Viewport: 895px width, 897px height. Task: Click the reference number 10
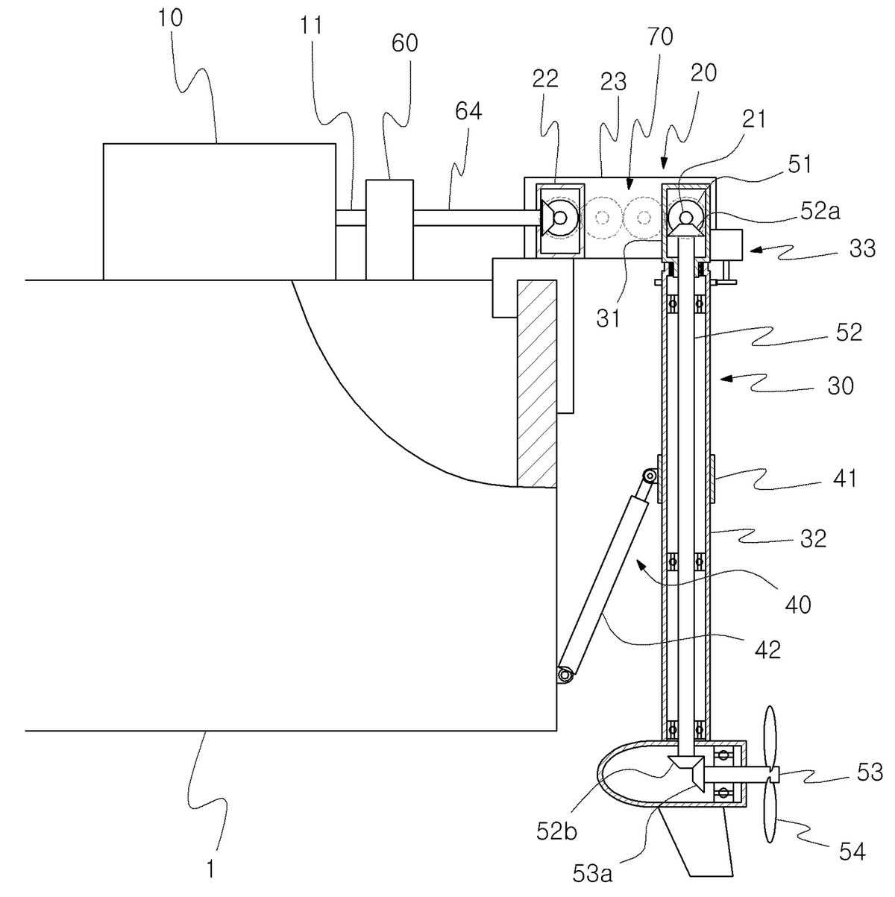(171, 19)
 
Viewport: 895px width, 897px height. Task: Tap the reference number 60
(405, 44)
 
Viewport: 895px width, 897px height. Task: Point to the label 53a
(592, 874)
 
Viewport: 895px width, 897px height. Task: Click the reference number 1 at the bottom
(210, 868)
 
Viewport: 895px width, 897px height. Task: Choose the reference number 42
(767, 649)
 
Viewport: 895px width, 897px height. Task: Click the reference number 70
(660, 37)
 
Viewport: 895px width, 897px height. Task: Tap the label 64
(468, 111)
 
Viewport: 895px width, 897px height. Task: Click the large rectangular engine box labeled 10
(219, 211)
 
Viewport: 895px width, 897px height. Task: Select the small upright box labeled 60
(389, 230)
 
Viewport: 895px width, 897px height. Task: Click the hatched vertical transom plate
(536, 383)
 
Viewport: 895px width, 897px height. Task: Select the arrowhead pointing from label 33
(756, 250)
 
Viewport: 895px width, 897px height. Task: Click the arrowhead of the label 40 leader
(641, 565)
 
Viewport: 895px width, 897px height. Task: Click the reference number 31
(608, 319)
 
